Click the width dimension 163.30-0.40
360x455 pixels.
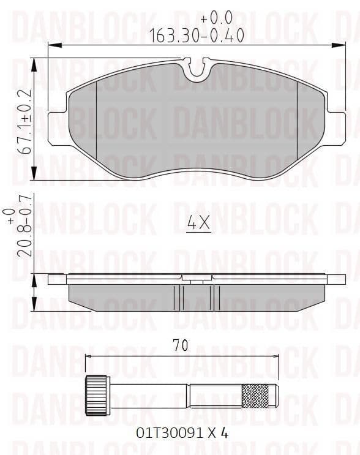coord(197,36)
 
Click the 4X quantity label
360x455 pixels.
coord(198,224)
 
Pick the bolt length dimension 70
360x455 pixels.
coord(180,345)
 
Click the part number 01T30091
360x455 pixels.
coord(170,433)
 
